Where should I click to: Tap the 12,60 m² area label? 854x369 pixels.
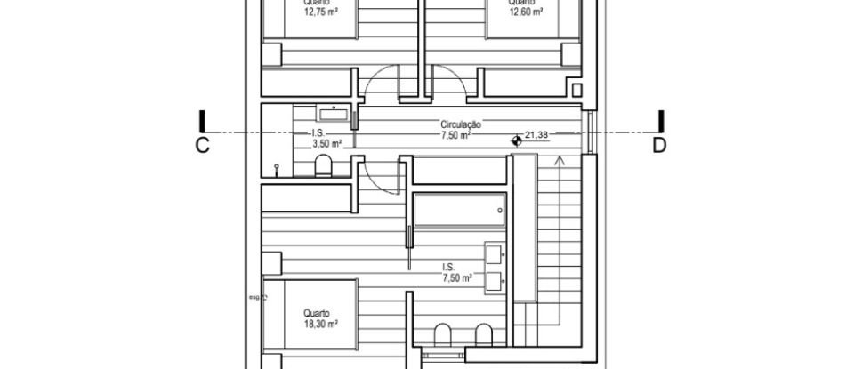click(x=526, y=13)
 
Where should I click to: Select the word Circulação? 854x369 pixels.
click(x=461, y=125)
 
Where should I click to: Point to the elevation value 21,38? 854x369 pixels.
click(x=537, y=135)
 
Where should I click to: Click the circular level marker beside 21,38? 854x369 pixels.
click(x=516, y=140)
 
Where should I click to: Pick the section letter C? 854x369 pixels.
click(x=202, y=147)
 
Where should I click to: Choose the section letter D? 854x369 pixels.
click(x=659, y=147)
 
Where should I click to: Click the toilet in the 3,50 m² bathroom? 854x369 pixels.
click(x=324, y=165)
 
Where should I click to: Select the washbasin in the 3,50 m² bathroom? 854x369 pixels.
click(x=334, y=114)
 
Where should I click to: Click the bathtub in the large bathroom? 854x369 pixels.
click(x=459, y=211)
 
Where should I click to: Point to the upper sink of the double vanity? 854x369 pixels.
click(x=495, y=255)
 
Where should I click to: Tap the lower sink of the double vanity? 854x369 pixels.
click(x=495, y=283)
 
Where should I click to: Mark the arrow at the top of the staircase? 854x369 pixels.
click(x=559, y=161)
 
